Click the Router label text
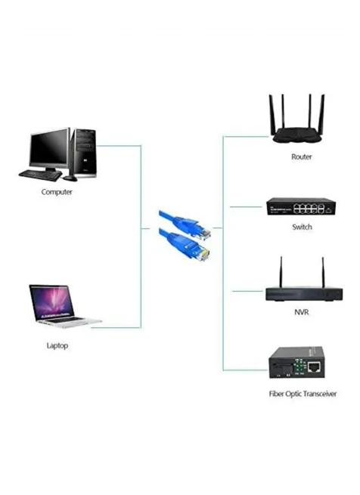pyautogui.click(x=302, y=156)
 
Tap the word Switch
pyautogui.click(x=302, y=227)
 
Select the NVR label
pyautogui.click(x=301, y=312)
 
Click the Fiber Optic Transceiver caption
pyautogui.click(x=303, y=394)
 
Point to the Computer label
pyautogui.click(x=57, y=192)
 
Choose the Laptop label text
pyautogui.click(x=57, y=345)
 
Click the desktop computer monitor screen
pyautogui.click(x=48, y=148)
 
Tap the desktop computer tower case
pyautogui.click(x=83, y=153)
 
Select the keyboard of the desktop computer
pyautogui.click(x=40, y=175)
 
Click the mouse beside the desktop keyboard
pyautogui.click(x=70, y=178)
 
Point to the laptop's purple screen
pyautogui.click(x=52, y=302)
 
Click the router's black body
pyautogui.click(x=297, y=135)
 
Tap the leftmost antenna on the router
pyautogui.click(x=272, y=115)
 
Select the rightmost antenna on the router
pyautogui.click(x=321, y=113)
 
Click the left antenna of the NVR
pyautogui.click(x=281, y=272)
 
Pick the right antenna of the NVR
pyautogui.click(x=323, y=272)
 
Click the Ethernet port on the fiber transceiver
pyautogui.click(x=314, y=367)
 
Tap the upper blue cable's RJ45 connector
pyautogui.click(x=203, y=233)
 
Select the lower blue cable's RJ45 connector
pyautogui.click(x=202, y=253)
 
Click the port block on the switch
pyautogui.click(x=309, y=209)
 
